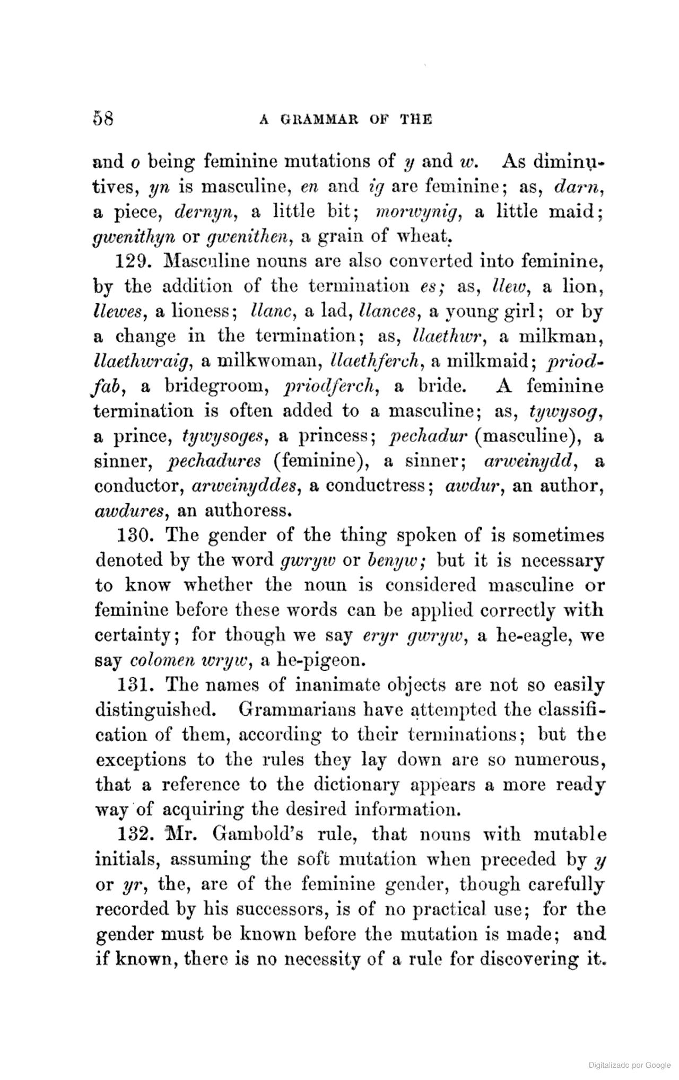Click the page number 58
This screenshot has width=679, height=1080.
tap(103, 117)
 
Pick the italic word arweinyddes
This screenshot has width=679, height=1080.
tap(246, 487)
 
